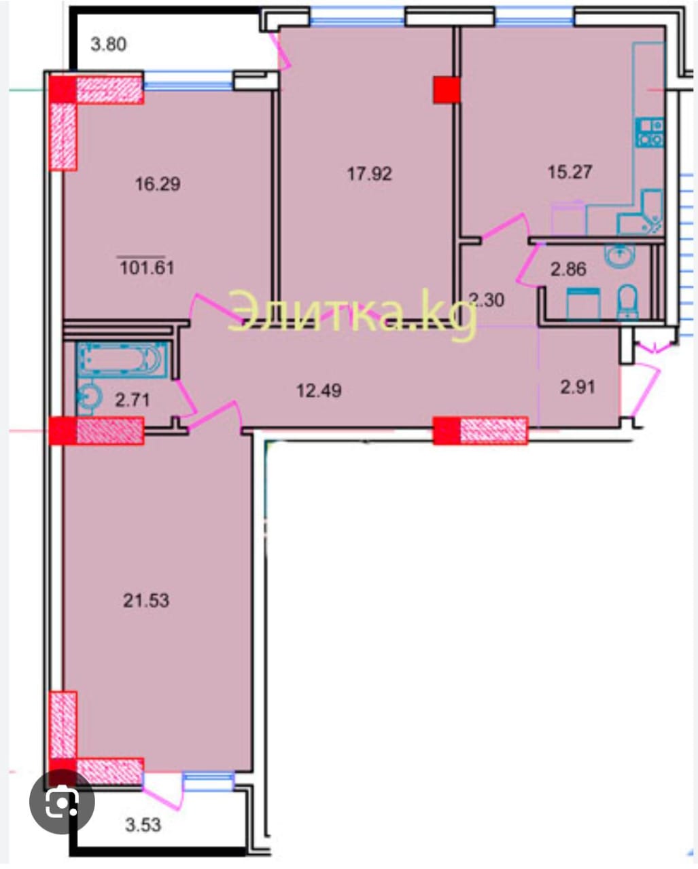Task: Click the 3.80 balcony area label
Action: coord(108,44)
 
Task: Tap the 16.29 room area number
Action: coord(158,184)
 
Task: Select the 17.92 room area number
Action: coord(370,174)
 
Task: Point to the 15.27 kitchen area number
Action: coord(570,171)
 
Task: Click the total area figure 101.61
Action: coord(147,267)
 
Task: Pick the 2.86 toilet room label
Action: coord(568,270)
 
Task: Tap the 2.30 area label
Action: coord(487,299)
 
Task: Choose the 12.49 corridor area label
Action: coord(319,390)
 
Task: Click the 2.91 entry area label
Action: coord(578,387)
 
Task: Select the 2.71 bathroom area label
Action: coord(133,400)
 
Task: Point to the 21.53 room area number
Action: coord(146,600)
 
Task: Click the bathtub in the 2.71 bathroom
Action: coord(122,360)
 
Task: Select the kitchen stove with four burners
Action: coord(650,132)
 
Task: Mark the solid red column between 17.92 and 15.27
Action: coord(447,90)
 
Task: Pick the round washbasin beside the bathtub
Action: coord(86,396)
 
